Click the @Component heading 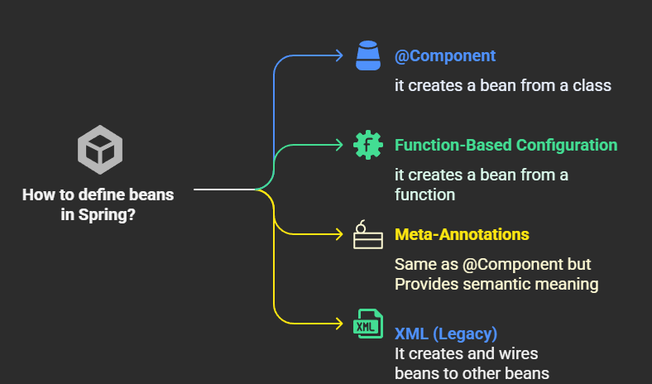[x=445, y=56]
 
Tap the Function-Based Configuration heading [x=506, y=145]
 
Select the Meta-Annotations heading [x=462, y=235]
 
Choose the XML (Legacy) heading [x=446, y=334]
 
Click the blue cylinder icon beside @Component [x=368, y=55]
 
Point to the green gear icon [x=368, y=145]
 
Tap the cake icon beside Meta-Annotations [x=368, y=235]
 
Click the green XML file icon [x=368, y=324]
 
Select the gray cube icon [x=100, y=150]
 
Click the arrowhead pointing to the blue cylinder [x=339, y=55]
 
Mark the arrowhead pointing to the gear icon [x=339, y=145]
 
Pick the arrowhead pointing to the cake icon [x=339, y=234]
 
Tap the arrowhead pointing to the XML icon [x=339, y=324]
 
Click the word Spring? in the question [x=107, y=215]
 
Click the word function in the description [x=425, y=194]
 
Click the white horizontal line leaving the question [x=224, y=190]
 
